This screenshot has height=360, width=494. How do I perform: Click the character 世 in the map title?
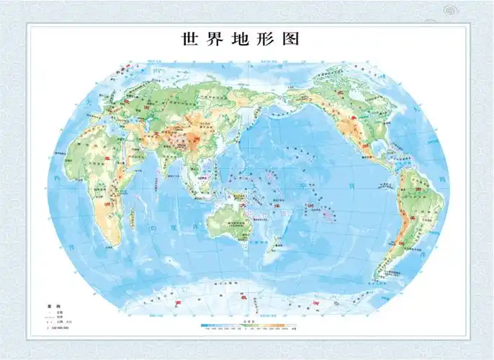[x=189, y=38]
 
